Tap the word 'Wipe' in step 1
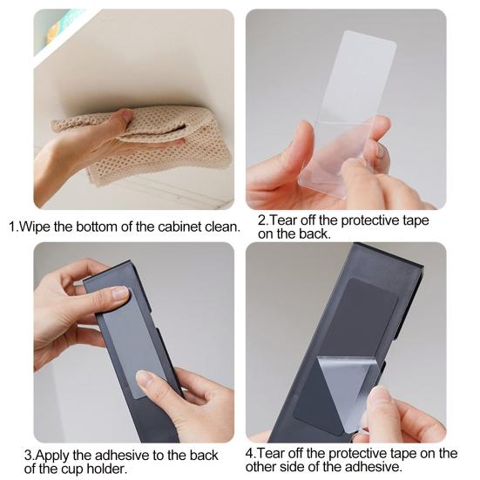[35, 226]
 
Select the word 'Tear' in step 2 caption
[282, 220]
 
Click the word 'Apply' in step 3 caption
[52, 456]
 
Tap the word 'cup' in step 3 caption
[72, 470]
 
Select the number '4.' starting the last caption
[250, 453]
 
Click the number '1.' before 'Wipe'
[13, 226]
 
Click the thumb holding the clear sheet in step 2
[301, 144]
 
